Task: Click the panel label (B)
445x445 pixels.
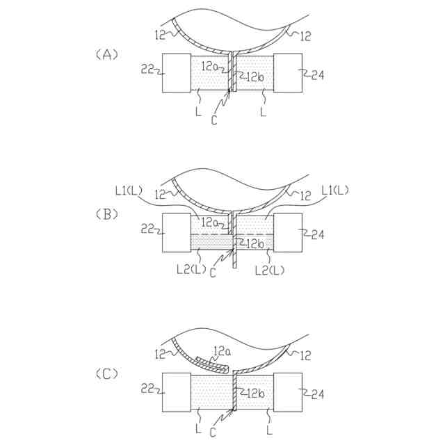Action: tap(107, 214)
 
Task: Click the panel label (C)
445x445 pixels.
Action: tap(107, 373)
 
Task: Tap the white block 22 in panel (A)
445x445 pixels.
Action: tap(177, 72)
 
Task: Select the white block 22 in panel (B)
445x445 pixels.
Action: tap(177, 233)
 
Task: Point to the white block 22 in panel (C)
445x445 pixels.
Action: tap(177, 392)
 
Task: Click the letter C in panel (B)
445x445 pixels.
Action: tap(213, 273)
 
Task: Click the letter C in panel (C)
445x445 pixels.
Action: tap(214, 432)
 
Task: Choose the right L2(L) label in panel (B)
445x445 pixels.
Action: tap(268, 268)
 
